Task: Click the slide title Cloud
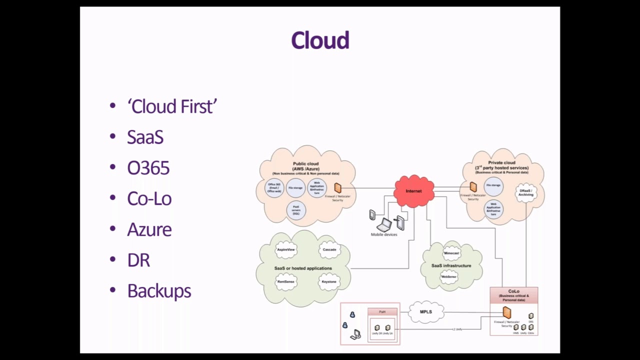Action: (320, 40)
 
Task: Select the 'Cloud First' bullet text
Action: (172, 106)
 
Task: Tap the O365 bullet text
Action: (148, 168)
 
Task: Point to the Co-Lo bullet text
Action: (149, 199)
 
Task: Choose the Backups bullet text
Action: (159, 291)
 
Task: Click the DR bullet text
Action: (138, 260)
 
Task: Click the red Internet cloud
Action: (413, 191)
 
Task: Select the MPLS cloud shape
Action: (425, 312)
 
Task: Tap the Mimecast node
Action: (451, 253)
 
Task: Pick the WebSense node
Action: (448, 276)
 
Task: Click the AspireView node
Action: (286, 249)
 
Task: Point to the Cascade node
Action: (329, 249)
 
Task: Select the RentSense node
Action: (286, 281)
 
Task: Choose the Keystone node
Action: (329, 281)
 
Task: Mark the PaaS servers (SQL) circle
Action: (296, 210)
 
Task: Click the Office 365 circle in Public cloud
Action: (274, 188)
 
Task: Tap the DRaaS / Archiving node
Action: (526, 192)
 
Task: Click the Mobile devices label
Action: (384, 234)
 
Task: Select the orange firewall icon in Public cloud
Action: (337, 188)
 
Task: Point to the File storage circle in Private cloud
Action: (493, 185)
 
